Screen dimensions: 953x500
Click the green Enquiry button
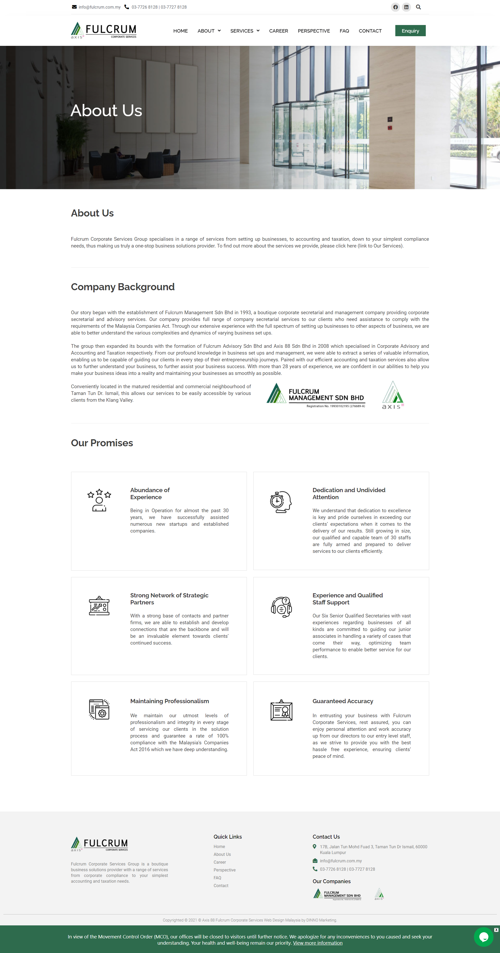click(410, 31)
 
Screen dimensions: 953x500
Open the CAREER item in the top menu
click(278, 31)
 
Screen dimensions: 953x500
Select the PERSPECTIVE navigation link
click(314, 31)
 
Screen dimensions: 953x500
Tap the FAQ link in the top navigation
click(344, 31)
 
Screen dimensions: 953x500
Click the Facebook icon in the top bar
click(395, 7)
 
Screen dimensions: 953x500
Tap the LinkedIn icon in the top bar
click(406, 7)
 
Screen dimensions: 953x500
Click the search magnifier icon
click(418, 7)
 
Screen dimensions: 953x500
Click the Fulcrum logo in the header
click(104, 30)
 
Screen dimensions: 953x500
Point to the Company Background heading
click(122, 287)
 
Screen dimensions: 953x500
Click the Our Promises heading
click(102, 443)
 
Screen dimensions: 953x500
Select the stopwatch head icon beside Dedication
click(281, 502)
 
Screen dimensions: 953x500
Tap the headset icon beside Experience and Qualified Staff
click(281, 607)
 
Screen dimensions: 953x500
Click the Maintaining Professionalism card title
click(169, 701)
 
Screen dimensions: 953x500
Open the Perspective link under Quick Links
click(224, 870)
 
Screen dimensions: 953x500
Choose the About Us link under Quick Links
click(222, 854)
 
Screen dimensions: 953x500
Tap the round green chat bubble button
click(483, 937)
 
